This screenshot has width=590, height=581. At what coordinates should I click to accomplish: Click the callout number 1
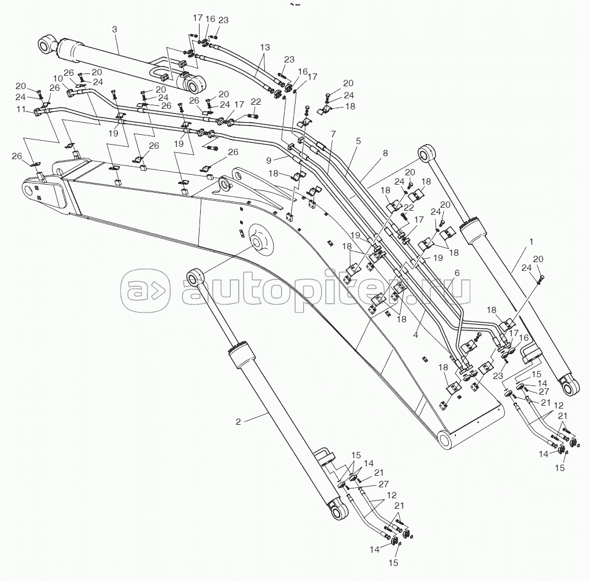coord(532,242)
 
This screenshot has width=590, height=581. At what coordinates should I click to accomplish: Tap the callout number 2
coord(238,422)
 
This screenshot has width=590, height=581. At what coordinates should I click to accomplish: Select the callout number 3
coord(115,29)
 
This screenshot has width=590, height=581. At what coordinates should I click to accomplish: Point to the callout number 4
coord(415,334)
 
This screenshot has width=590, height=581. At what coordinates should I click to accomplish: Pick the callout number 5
coord(358,141)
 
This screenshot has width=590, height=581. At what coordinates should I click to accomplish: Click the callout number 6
coord(457,273)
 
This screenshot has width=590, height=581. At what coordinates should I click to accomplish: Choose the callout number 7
coord(333,134)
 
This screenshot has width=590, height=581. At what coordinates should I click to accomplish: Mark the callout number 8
coord(385,153)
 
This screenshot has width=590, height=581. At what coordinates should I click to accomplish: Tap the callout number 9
coord(268,161)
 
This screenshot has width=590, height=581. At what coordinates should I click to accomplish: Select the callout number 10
coord(58,78)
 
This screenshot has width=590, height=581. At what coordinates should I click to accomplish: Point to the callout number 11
coord(21,109)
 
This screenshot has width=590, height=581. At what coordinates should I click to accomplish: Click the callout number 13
coord(265,47)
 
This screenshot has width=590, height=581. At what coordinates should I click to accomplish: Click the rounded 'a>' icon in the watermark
coord(145,290)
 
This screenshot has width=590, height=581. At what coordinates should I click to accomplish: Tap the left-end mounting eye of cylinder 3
coord(47,45)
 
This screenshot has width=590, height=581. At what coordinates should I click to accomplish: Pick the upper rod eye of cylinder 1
coord(429,153)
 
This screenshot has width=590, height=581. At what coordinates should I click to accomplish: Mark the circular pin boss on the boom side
coord(260,242)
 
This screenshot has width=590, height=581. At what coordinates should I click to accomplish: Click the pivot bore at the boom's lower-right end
coord(446,440)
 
